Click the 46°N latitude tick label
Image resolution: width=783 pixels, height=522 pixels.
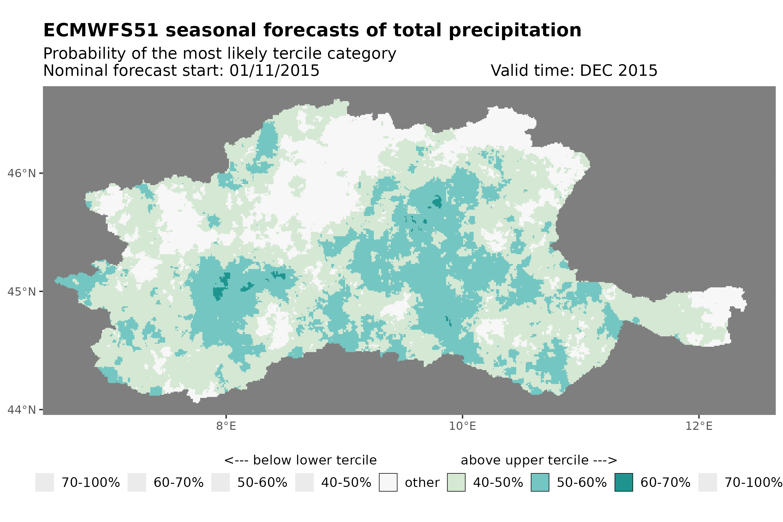click(21, 174)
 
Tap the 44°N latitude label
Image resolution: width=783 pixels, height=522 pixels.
click(21, 410)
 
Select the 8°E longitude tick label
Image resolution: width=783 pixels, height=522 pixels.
click(226, 426)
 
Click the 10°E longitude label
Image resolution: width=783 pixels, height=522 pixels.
click(462, 426)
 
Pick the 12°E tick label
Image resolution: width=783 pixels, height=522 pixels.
click(698, 426)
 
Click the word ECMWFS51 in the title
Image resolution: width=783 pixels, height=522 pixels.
click(100, 31)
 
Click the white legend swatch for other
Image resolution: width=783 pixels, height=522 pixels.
click(388, 483)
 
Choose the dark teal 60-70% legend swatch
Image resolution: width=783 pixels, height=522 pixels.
click(624, 483)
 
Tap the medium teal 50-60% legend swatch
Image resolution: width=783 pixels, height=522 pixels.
click(540, 483)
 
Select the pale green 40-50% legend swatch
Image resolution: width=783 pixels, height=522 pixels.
click(456, 483)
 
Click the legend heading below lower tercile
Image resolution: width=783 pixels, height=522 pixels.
click(300, 460)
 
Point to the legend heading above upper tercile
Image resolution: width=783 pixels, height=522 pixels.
click(539, 460)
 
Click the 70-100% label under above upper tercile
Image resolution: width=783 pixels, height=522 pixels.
click(753, 483)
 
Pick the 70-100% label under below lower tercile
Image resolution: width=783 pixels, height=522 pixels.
click(91, 483)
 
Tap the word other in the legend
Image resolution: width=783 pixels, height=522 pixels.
click(422, 483)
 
